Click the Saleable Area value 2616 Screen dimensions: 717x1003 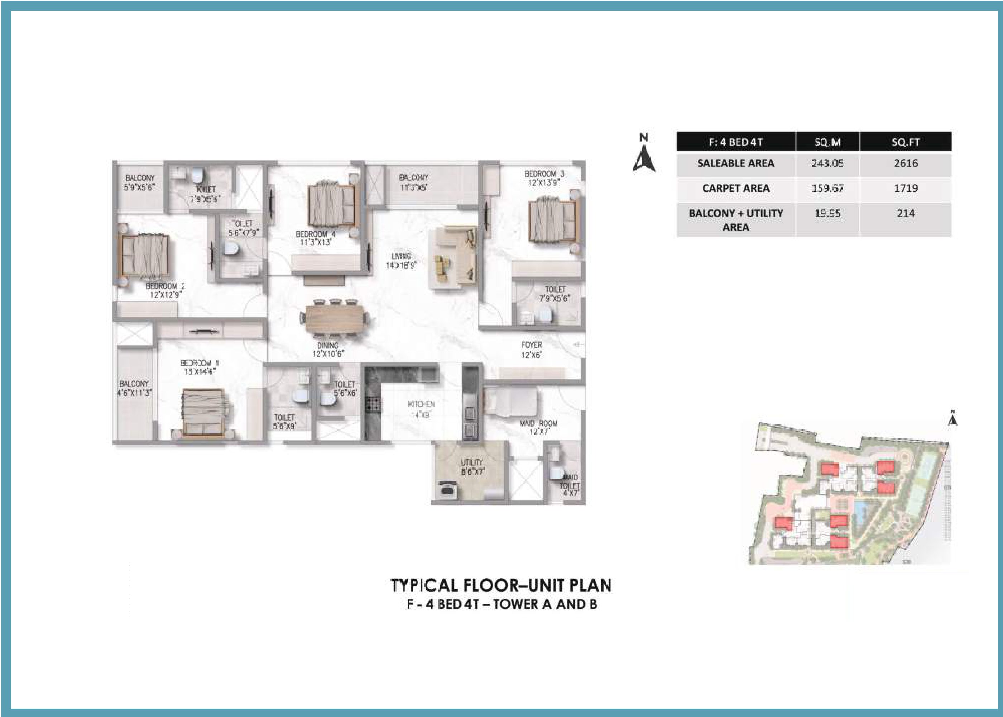[x=906, y=163]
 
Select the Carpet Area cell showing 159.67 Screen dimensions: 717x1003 [x=827, y=189]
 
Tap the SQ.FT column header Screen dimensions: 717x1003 [x=906, y=142]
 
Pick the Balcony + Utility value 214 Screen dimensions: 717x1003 [x=906, y=214]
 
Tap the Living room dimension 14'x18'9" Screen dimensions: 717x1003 [x=401, y=265]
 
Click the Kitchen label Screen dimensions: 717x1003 [x=421, y=404]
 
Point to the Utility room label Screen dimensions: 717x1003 [x=472, y=462]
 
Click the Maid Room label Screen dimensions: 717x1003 [x=538, y=423]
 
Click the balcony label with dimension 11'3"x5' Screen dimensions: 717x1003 [x=413, y=178]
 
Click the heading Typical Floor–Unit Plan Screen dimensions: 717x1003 [x=501, y=585]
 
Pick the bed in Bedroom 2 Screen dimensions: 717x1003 [x=144, y=257]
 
